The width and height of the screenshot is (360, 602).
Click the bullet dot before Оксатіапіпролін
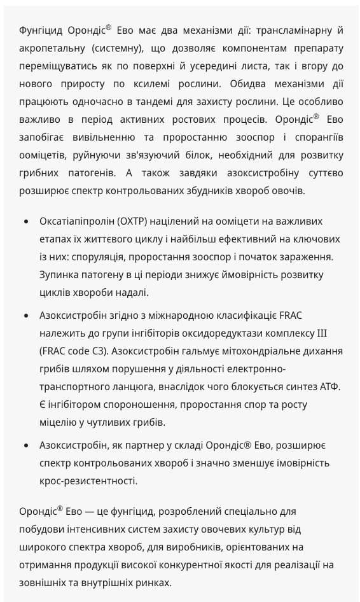(x=25, y=221)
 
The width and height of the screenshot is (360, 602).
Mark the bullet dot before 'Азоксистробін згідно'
(x=25, y=316)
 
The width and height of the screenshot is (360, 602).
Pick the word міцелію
(x=59, y=423)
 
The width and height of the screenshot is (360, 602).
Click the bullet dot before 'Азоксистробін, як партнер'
(x=25, y=445)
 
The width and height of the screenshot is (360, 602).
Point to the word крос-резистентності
(x=88, y=481)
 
